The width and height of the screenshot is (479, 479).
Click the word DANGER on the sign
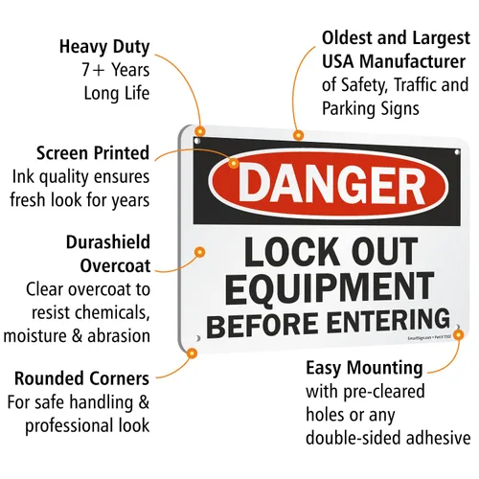[332, 185]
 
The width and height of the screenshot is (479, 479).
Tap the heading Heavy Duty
[104, 47]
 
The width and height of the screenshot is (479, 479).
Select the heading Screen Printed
[93, 153]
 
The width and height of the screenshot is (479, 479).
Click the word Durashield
[108, 242]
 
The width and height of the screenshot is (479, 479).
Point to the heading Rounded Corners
[81, 378]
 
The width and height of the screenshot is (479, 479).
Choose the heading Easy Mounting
[364, 368]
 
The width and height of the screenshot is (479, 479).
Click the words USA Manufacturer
[394, 61]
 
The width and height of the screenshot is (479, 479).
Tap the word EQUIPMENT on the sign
[330, 288]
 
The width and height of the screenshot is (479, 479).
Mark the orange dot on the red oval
[234, 164]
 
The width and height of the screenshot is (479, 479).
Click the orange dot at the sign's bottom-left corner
[192, 354]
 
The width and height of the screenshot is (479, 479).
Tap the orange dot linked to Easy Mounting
[458, 335]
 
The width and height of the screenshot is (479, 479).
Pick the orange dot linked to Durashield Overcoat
[200, 252]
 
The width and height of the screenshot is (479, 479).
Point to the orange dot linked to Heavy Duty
[200, 131]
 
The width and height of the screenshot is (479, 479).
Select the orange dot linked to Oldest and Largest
[298, 135]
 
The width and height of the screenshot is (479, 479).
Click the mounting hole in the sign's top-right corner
[457, 152]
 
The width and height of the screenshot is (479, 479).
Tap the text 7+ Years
[116, 70]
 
